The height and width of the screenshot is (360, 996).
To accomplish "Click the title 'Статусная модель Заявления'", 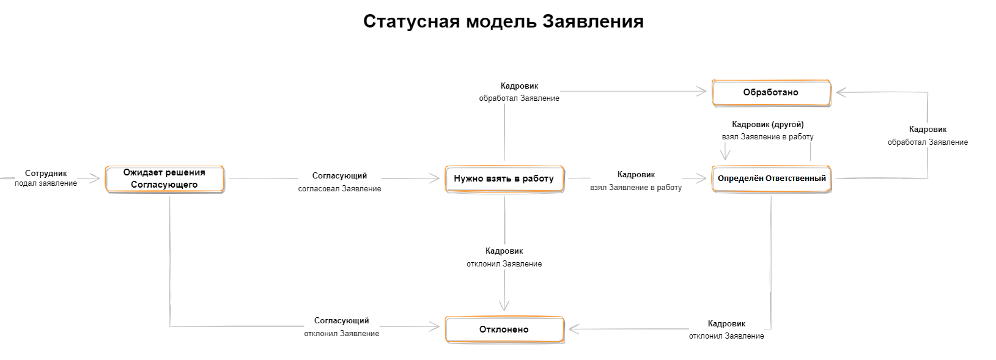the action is click(503, 21).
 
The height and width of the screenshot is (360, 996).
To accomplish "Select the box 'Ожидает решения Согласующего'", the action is click(164, 178).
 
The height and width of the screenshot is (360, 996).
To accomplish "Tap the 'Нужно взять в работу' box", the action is click(504, 178).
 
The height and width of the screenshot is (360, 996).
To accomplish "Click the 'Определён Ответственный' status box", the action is click(772, 178).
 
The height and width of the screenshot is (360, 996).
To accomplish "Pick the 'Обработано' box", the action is click(772, 92).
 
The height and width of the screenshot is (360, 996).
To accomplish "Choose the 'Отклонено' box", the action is click(504, 329).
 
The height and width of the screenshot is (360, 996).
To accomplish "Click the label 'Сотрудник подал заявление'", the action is click(46, 178).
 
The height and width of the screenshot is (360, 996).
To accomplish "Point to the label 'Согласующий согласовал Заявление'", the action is click(340, 182).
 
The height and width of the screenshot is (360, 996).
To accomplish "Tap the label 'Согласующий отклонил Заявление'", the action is click(342, 327).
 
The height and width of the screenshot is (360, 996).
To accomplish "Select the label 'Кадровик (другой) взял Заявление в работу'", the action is click(768, 131).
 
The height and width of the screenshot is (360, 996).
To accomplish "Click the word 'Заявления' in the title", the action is click(593, 21).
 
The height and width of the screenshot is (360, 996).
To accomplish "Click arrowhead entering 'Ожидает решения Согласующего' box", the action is click(95, 178).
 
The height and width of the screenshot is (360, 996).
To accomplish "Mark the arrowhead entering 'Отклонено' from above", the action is click(504, 306).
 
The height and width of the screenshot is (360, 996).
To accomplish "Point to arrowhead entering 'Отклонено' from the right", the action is click(574, 329).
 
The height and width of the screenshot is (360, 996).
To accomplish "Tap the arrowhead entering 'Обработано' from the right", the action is click(841, 92).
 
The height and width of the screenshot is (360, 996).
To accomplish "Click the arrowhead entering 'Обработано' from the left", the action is click(702, 92).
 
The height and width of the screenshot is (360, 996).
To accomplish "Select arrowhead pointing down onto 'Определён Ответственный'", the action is click(725, 155).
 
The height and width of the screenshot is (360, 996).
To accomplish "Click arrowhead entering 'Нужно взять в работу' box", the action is click(435, 178).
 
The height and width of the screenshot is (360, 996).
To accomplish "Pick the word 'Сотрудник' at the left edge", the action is click(46, 174).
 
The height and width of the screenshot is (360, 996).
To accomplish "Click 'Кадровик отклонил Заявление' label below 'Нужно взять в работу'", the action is click(504, 257).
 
